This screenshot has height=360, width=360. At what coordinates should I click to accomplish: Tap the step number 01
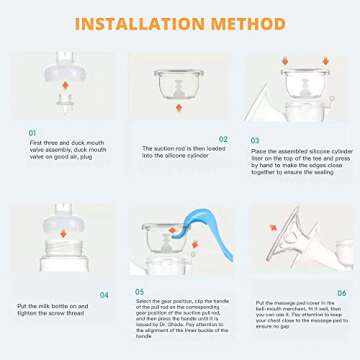32,132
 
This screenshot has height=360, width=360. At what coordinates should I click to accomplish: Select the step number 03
256,142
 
